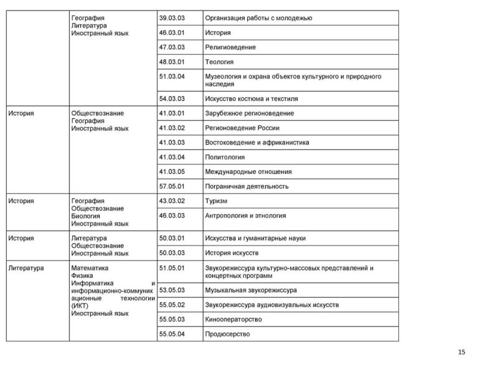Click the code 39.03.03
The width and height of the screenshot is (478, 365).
[x=172, y=17]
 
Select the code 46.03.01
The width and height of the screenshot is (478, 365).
[x=172, y=32]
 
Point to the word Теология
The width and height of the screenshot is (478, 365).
[x=219, y=62]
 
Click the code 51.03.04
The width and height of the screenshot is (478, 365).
[x=172, y=76]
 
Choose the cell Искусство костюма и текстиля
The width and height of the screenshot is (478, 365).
[x=251, y=98]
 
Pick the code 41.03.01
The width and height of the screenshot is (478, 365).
[x=172, y=113]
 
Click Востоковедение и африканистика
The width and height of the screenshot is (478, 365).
[x=257, y=143]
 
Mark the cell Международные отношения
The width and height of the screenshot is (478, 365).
[x=248, y=171]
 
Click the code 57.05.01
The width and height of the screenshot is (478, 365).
[x=172, y=186]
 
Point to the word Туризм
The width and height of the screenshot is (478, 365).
[x=216, y=201]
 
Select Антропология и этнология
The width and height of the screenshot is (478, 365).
[x=245, y=216]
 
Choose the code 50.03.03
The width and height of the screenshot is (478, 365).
[x=172, y=253]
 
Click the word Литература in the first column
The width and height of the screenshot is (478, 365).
[x=26, y=268]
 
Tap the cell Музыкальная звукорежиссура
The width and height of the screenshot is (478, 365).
[x=250, y=290]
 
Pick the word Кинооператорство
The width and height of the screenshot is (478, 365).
[x=233, y=320]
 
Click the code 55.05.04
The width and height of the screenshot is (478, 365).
[x=172, y=334]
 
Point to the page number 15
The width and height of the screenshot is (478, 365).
[x=461, y=353]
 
